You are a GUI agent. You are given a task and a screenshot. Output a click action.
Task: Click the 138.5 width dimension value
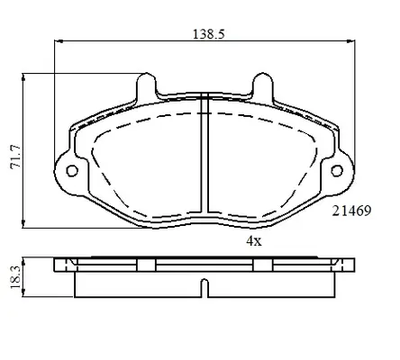(x=208, y=34)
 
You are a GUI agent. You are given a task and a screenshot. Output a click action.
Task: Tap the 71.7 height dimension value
(x=16, y=157)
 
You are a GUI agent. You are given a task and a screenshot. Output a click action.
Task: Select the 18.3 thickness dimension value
(x=15, y=277)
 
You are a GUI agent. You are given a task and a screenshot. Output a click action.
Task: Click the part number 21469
(x=351, y=211)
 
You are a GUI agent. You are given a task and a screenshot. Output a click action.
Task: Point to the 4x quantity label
(x=254, y=240)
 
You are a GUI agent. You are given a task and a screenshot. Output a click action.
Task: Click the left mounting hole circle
(x=72, y=171)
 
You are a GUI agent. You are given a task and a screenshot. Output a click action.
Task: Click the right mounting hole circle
(x=337, y=171)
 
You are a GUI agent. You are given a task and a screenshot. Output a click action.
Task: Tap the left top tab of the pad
(x=147, y=85)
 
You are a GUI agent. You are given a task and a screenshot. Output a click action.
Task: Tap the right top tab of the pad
(x=263, y=85)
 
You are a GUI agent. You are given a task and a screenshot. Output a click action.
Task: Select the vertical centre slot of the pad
(x=205, y=152)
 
